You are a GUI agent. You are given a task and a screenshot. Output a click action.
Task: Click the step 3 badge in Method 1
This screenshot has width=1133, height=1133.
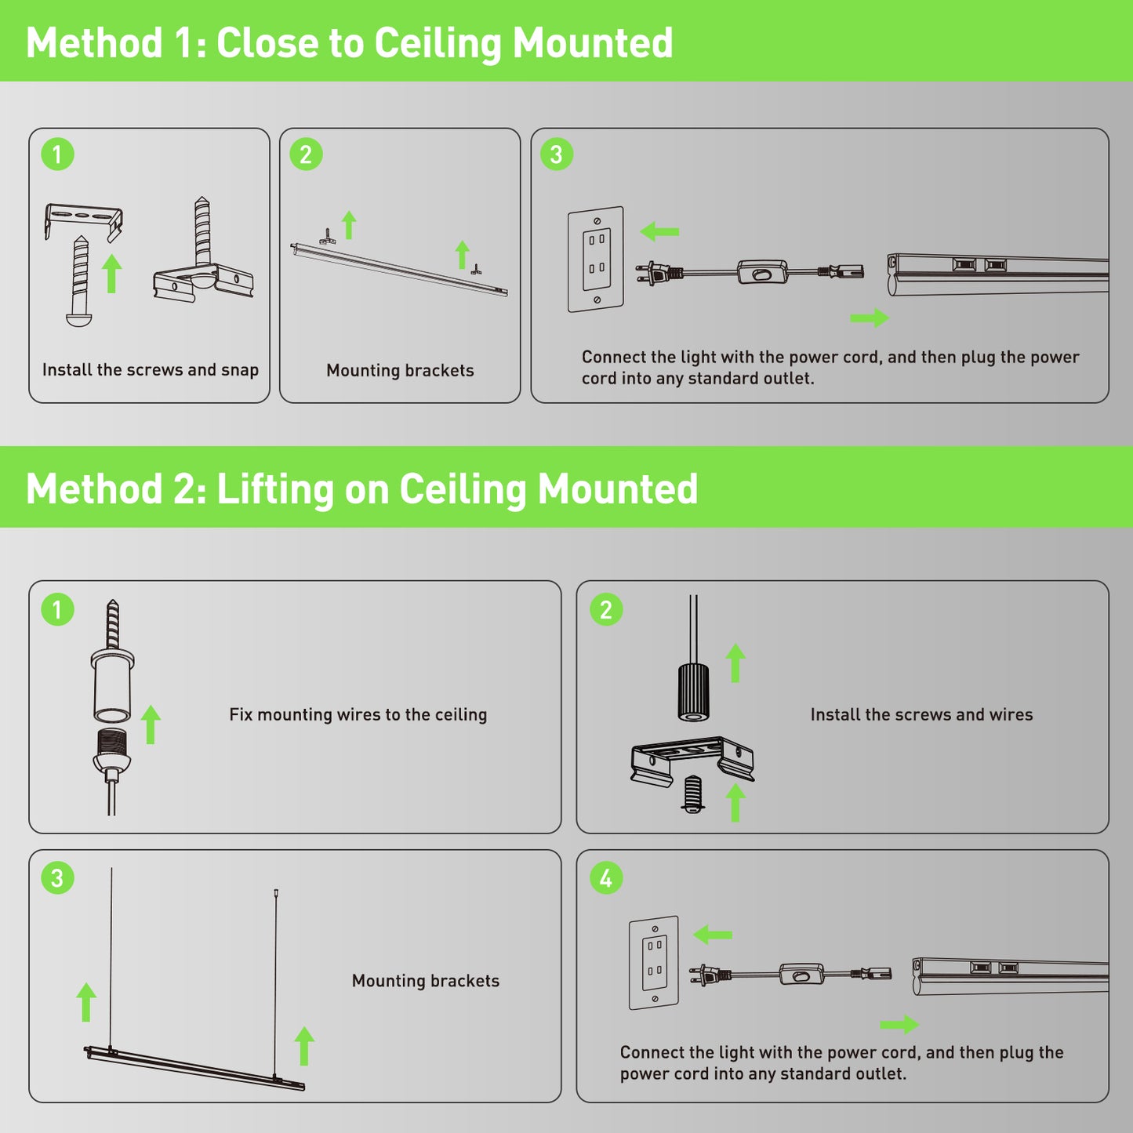pos(556,154)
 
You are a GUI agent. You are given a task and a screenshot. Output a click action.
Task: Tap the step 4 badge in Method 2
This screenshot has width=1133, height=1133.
pos(605,878)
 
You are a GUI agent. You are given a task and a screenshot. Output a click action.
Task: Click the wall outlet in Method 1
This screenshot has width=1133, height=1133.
pos(596,260)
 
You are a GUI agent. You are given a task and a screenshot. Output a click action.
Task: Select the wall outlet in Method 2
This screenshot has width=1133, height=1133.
pos(654,963)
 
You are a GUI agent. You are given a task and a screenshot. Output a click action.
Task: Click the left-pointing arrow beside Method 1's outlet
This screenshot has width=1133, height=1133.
pos(659,231)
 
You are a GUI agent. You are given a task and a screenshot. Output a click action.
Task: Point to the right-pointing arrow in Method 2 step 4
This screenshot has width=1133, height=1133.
pos(899,1024)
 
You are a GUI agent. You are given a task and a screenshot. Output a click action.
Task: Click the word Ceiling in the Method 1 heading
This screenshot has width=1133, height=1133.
pos(438,43)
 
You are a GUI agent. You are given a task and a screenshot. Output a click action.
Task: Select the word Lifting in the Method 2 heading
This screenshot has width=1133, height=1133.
pos(275,489)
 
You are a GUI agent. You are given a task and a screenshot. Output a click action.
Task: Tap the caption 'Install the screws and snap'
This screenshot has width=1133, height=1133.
pos(151,370)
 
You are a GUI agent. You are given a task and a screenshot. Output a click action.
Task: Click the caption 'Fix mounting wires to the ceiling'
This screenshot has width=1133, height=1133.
pos(358,714)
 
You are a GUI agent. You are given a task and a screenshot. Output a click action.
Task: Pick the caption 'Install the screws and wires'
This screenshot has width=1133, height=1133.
pos(921,714)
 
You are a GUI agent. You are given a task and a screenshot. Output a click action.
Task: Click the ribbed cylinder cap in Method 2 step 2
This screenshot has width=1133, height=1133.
pos(693,692)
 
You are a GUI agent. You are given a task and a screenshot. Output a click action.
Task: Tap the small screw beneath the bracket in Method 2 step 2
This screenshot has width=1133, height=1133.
pos(692,793)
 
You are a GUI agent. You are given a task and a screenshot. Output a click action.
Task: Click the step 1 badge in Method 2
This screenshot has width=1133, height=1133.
pos(57,609)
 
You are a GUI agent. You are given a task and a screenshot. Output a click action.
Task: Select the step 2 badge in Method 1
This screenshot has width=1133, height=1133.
pos(306,154)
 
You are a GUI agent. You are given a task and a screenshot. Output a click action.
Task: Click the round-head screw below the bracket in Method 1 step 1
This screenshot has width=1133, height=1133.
pos(79,281)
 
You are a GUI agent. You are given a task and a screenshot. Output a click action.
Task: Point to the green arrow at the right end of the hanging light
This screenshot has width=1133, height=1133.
pos(304,1046)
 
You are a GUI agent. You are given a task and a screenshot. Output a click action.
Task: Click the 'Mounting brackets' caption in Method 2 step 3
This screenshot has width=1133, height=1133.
pos(426,981)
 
